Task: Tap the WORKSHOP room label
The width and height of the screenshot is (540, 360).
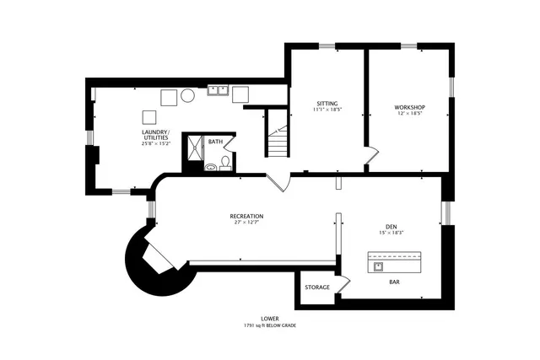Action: pyautogui.click(x=409, y=107)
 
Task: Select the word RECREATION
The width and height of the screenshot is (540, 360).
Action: pyautogui.click(x=246, y=216)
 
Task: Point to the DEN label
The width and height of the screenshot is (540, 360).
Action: pyautogui.click(x=391, y=225)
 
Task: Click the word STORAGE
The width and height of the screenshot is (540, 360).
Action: pyautogui.click(x=317, y=287)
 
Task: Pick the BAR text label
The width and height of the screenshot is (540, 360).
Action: pyautogui.click(x=394, y=282)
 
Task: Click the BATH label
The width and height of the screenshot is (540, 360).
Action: pyautogui.click(x=215, y=142)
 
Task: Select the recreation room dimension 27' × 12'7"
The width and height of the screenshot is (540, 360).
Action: pyautogui.click(x=246, y=223)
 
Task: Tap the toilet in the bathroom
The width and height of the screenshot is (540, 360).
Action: pyautogui.click(x=225, y=161)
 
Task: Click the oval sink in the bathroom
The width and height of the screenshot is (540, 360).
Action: pyautogui.click(x=210, y=167)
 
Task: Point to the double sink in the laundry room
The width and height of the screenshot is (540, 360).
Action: pyautogui.click(x=221, y=89)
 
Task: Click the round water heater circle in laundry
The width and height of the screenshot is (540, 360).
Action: pyautogui.click(x=187, y=96)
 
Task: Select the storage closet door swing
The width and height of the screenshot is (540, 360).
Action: pyautogui.click(x=343, y=284)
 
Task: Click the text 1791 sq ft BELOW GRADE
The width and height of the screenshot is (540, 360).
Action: pyautogui.click(x=269, y=325)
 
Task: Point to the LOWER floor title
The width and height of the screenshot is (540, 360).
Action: pyautogui.click(x=269, y=318)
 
